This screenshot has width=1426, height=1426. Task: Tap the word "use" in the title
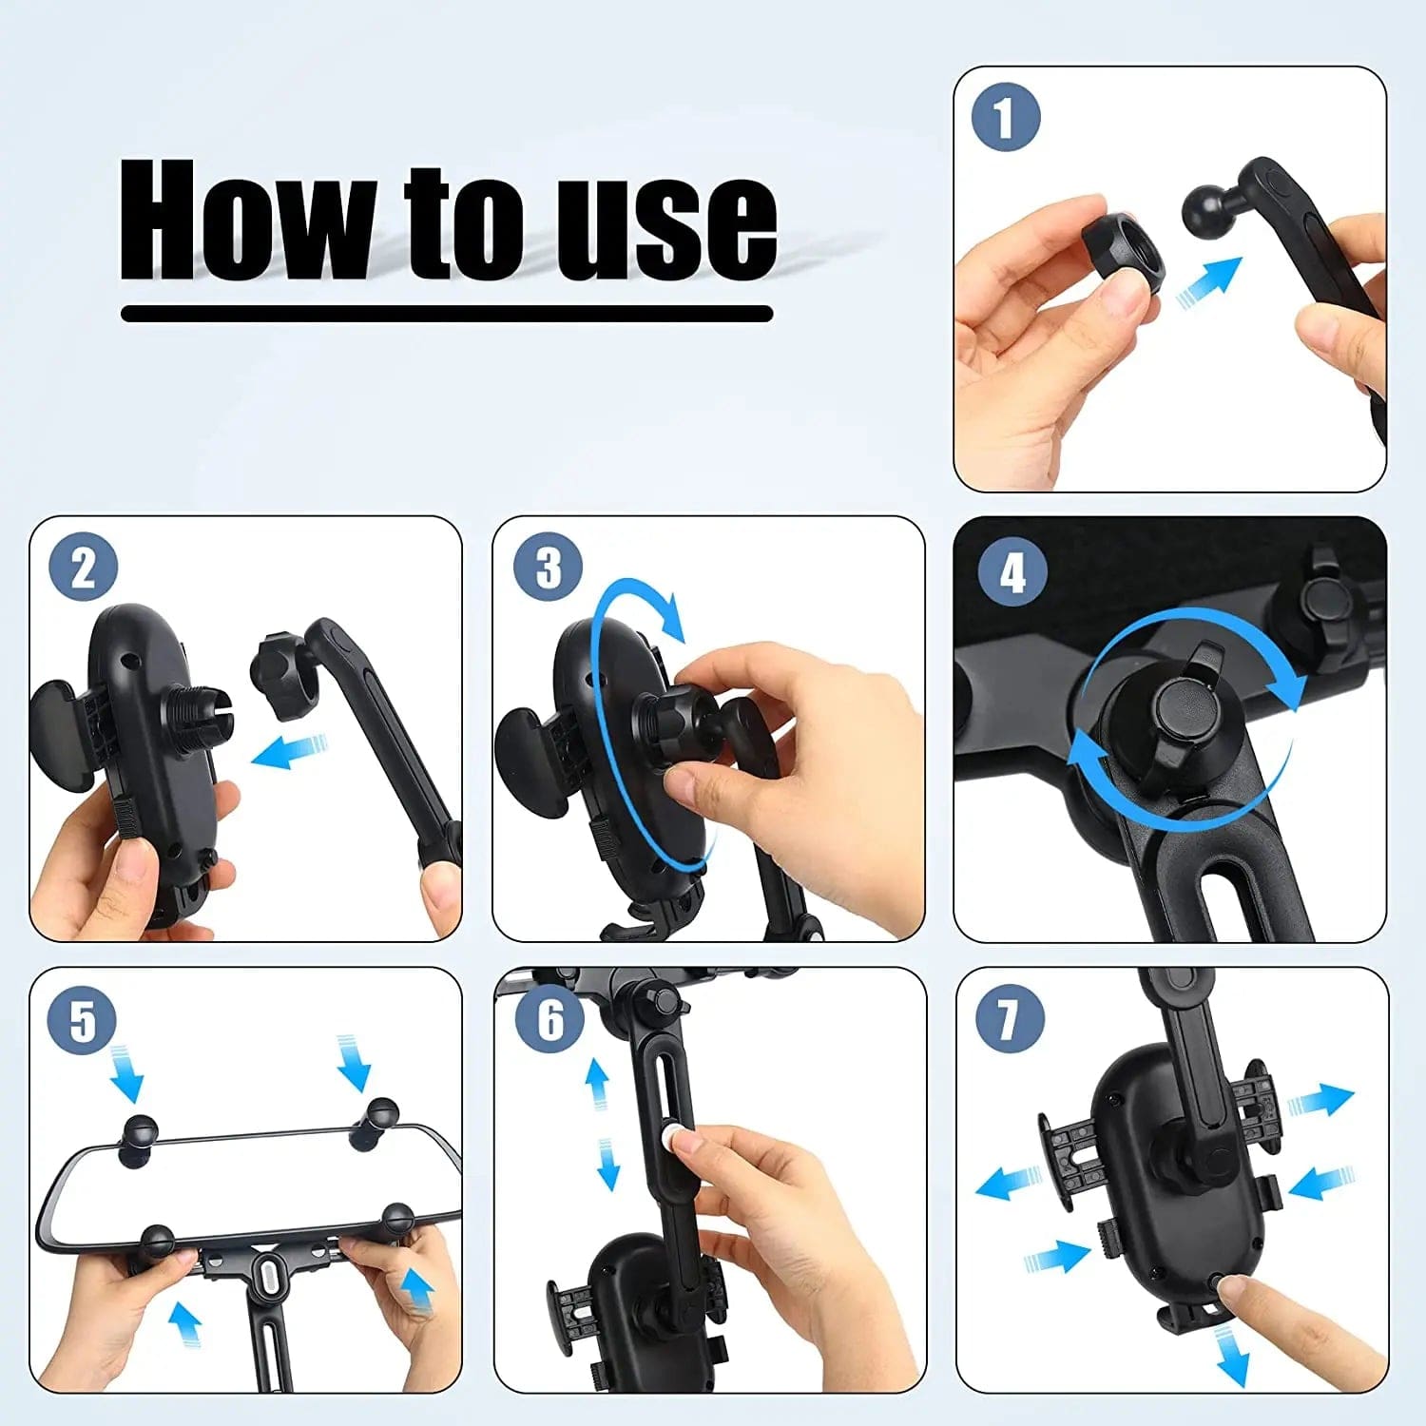pos(666,229)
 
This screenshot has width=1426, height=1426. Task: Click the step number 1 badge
pos(1006,118)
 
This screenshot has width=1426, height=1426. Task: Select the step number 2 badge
pos(84,568)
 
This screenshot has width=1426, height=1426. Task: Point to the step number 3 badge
pos(549,568)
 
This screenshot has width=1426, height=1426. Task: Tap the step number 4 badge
pos(1013,572)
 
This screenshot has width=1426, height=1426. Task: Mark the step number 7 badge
pos(1011,1019)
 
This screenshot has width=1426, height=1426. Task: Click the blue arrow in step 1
pos(1209,282)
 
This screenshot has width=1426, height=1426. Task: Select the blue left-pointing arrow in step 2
pos(290,752)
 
